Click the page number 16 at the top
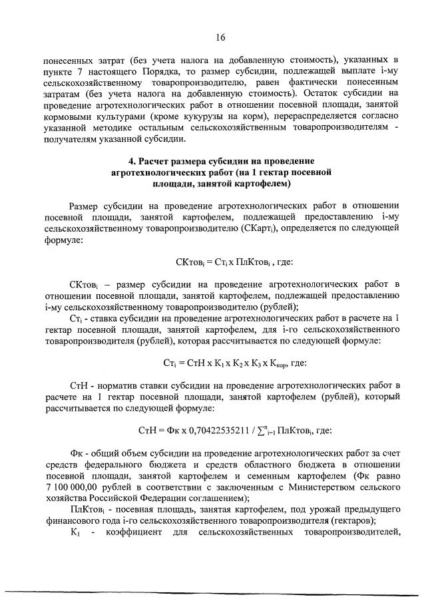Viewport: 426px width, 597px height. (x=220, y=38)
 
